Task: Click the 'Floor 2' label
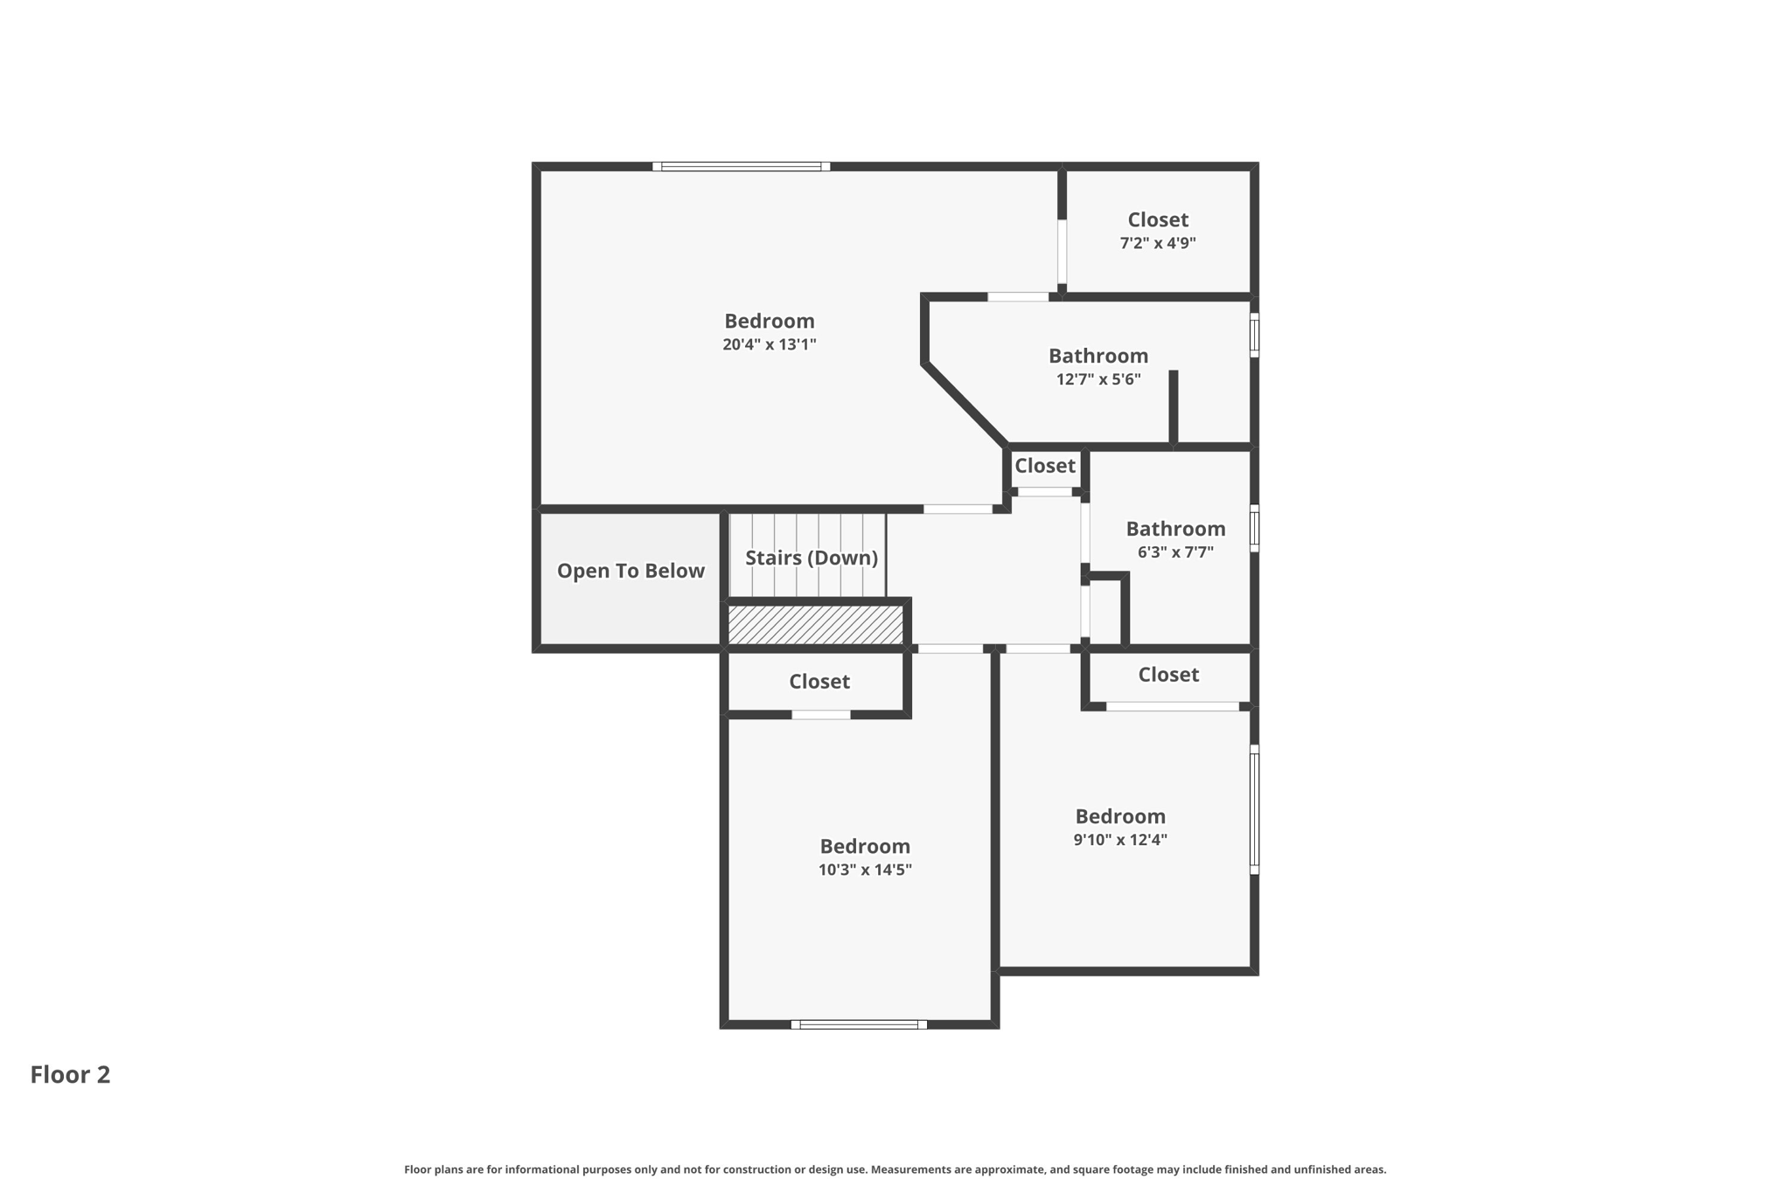click(x=70, y=1074)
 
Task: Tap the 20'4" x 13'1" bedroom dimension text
click(x=769, y=344)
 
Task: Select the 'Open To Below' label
click(x=631, y=571)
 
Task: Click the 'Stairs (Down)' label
click(x=811, y=558)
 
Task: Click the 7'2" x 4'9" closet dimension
click(x=1158, y=243)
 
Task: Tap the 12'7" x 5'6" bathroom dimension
click(x=1098, y=379)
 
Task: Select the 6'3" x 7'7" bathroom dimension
click(x=1175, y=552)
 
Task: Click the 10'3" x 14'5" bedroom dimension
click(x=865, y=870)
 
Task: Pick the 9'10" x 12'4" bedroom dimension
click(x=1120, y=840)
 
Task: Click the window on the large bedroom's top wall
click(x=741, y=166)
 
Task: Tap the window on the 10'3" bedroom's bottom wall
click(x=859, y=1024)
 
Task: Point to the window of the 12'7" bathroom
click(x=1254, y=335)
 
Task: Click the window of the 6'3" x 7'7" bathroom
click(x=1254, y=528)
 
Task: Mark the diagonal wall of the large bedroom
click(x=965, y=405)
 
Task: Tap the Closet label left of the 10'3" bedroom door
click(x=819, y=681)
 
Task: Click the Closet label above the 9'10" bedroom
click(x=1168, y=675)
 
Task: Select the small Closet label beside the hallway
click(x=1044, y=466)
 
